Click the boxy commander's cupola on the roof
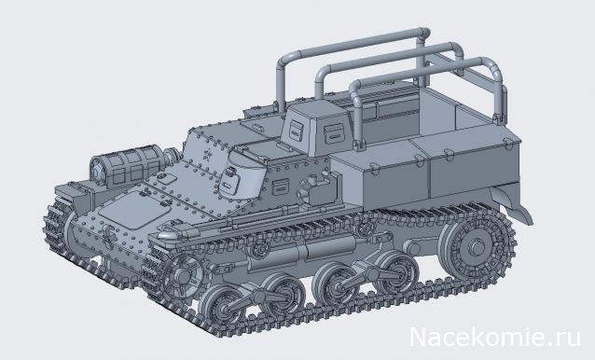(x=313, y=130)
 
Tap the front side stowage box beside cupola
(x=373, y=177)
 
